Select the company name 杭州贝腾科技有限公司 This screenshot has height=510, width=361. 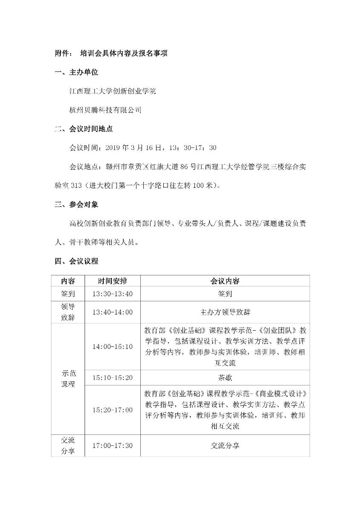pyautogui.click(x=105, y=110)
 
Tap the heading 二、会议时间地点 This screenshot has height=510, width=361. pyautogui.click(x=84, y=129)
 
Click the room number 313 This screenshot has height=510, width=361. pyautogui.click(x=77, y=185)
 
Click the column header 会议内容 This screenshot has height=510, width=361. pyautogui.click(x=225, y=281)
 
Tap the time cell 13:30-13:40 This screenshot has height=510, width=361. pyautogui.click(x=112, y=294)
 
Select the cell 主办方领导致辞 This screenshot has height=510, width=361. pyautogui.click(x=225, y=312)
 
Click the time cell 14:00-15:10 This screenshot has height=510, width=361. pyautogui.click(x=112, y=346)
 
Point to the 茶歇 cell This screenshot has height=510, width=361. pyautogui.click(x=225, y=377)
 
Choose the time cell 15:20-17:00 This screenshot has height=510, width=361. pyautogui.click(x=112, y=410)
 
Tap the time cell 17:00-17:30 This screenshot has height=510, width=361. pyautogui.click(x=112, y=445)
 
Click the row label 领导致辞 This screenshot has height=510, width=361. pyautogui.click(x=68, y=312)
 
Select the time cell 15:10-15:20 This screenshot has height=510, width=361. pyautogui.click(x=112, y=377)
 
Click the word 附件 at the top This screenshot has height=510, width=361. pyautogui.click(x=61, y=54)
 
